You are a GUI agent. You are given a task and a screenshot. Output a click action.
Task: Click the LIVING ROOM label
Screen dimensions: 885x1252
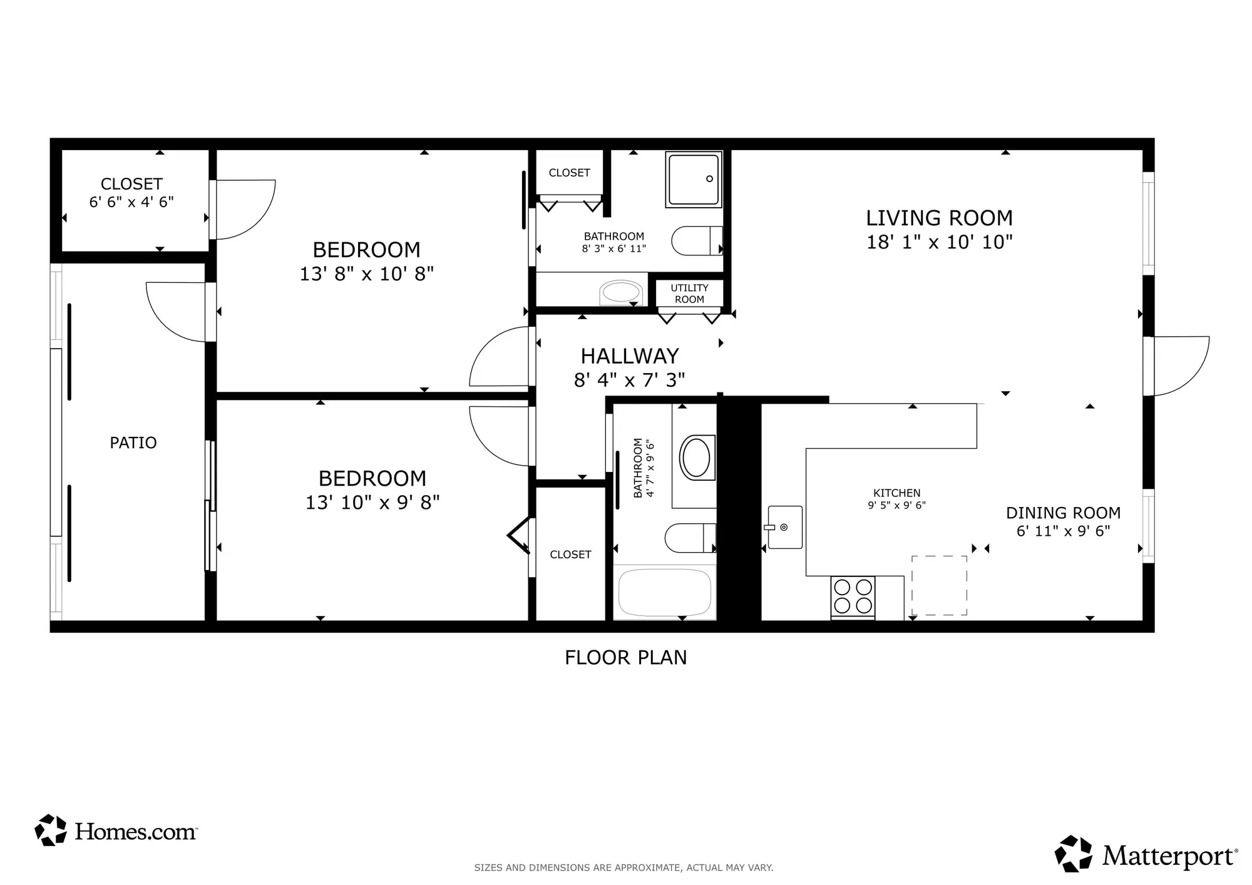(939, 218)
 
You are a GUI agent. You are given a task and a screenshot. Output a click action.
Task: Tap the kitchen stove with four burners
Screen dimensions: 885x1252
(853, 596)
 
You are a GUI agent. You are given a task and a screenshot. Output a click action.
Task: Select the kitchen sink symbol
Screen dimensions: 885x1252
(784, 527)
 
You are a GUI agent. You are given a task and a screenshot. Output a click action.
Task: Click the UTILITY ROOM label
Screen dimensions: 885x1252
(689, 294)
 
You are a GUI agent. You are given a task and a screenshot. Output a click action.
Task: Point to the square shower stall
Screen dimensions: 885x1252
(694, 179)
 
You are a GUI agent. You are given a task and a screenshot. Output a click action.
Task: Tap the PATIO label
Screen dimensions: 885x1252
(133, 443)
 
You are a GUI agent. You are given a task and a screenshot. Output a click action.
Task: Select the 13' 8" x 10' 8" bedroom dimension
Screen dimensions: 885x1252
(366, 274)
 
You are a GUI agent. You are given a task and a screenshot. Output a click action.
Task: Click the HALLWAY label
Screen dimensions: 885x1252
(629, 356)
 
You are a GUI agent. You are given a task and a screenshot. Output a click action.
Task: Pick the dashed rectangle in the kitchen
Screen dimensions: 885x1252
(938, 585)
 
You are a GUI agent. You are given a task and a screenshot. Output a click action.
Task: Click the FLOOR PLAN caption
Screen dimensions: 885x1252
(625, 658)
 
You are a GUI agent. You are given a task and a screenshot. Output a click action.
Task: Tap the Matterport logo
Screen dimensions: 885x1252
(1146, 854)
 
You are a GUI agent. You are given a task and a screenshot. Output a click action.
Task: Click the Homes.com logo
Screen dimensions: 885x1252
(116, 831)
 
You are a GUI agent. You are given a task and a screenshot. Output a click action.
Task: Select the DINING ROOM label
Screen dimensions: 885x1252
(1063, 513)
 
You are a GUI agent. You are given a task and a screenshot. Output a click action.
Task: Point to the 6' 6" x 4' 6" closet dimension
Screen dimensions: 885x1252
(131, 202)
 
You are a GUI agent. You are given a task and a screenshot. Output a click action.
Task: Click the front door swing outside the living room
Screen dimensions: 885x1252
(1180, 366)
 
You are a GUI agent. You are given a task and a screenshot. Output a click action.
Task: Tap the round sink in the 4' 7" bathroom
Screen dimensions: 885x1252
(696, 458)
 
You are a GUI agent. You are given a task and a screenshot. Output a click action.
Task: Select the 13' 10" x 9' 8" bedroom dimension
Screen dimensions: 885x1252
(372, 503)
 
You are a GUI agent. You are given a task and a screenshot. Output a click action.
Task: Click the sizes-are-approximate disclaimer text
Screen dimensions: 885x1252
(623, 867)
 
